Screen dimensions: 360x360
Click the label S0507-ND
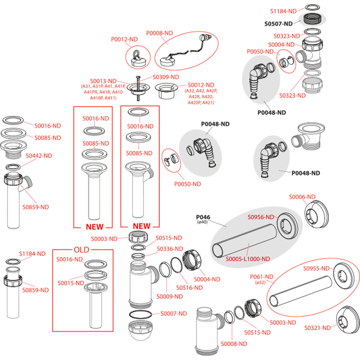(x=278, y=24)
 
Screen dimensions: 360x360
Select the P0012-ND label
(x=124, y=39)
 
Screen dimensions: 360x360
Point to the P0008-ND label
(x=159, y=33)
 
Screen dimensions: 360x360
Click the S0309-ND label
(x=166, y=77)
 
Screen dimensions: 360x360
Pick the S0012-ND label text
(x=201, y=85)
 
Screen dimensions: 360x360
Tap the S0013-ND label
(x=103, y=81)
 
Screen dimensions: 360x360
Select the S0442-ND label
(x=39, y=156)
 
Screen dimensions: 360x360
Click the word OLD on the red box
(x=82, y=250)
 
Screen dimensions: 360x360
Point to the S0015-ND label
(x=71, y=283)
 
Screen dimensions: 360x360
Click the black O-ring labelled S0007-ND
(x=140, y=314)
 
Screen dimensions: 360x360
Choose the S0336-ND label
(x=170, y=249)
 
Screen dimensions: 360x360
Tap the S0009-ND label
(x=170, y=296)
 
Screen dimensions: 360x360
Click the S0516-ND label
(x=190, y=288)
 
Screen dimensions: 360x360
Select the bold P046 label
(x=203, y=217)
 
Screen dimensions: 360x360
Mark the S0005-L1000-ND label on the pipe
(x=248, y=259)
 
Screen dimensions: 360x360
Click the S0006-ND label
(x=302, y=197)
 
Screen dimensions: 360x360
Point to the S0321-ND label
(x=318, y=328)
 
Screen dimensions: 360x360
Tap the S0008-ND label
(x=234, y=344)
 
